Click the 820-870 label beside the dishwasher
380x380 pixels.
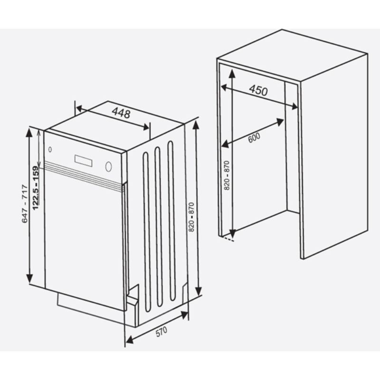(191, 218)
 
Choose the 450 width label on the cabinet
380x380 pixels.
(258, 90)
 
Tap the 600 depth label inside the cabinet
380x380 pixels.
(254, 137)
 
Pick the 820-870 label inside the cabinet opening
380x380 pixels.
(227, 176)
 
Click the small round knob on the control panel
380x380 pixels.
(50, 150)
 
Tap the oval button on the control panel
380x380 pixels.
(109, 167)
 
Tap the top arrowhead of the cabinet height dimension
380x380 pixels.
(231, 72)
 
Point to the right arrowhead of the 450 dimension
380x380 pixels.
(295, 107)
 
